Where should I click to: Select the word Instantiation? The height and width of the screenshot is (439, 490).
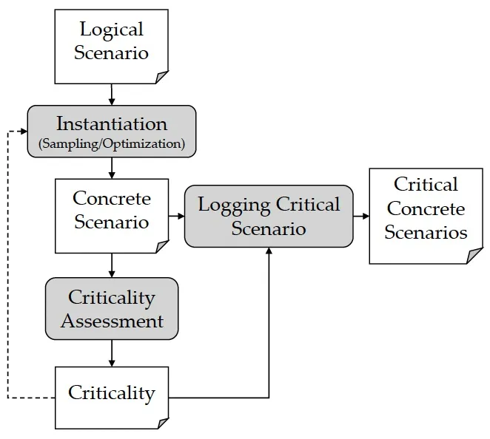pyautogui.click(x=112, y=124)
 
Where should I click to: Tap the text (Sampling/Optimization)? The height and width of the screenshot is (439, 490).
pyautogui.click(x=112, y=144)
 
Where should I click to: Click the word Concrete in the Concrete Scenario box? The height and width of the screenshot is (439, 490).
pyautogui.click(x=112, y=198)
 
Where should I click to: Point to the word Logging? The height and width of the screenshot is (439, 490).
pyautogui.click(x=235, y=205)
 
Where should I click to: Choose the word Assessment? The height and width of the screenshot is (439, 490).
pyautogui.click(x=113, y=321)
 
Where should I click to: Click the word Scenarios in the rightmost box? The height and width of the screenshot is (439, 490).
pyautogui.click(x=426, y=233)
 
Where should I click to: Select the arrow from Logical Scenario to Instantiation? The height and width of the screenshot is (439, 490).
pyautogui.click(x=112, y=95)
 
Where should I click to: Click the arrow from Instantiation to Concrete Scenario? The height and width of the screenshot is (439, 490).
pyautogui.click(x=112, y=168)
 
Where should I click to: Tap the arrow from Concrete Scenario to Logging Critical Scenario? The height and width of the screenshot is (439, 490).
pyautogui.click(x=177, y=216)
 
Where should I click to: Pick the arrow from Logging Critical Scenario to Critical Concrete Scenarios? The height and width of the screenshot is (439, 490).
pyautogui.click(x=361, y=216)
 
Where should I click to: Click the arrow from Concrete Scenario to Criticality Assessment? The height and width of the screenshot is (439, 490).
pyautogui.click(x=112, y=265)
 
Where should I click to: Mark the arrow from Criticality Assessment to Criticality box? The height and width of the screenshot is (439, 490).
pyautogui.click(x=112, y=353)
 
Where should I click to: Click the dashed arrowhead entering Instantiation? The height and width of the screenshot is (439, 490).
pyautogui.click(x=24, y=132)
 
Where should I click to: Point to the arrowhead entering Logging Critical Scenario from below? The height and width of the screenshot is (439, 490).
pyautogui.click(x=269, y=251)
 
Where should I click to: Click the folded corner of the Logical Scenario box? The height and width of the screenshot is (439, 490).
pyautogui.click(x=161, y=77)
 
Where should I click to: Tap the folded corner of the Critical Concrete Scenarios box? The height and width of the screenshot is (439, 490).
pyautogui.click(x=474, y=256)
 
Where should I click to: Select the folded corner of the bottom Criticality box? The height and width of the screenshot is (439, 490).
pyautogui.click(x=163, y=423)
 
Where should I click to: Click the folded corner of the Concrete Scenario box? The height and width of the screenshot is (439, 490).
pyautogui.click(x=162, y=247)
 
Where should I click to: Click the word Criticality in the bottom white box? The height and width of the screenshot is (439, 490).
pyautogui.click(x=112, y=393)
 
